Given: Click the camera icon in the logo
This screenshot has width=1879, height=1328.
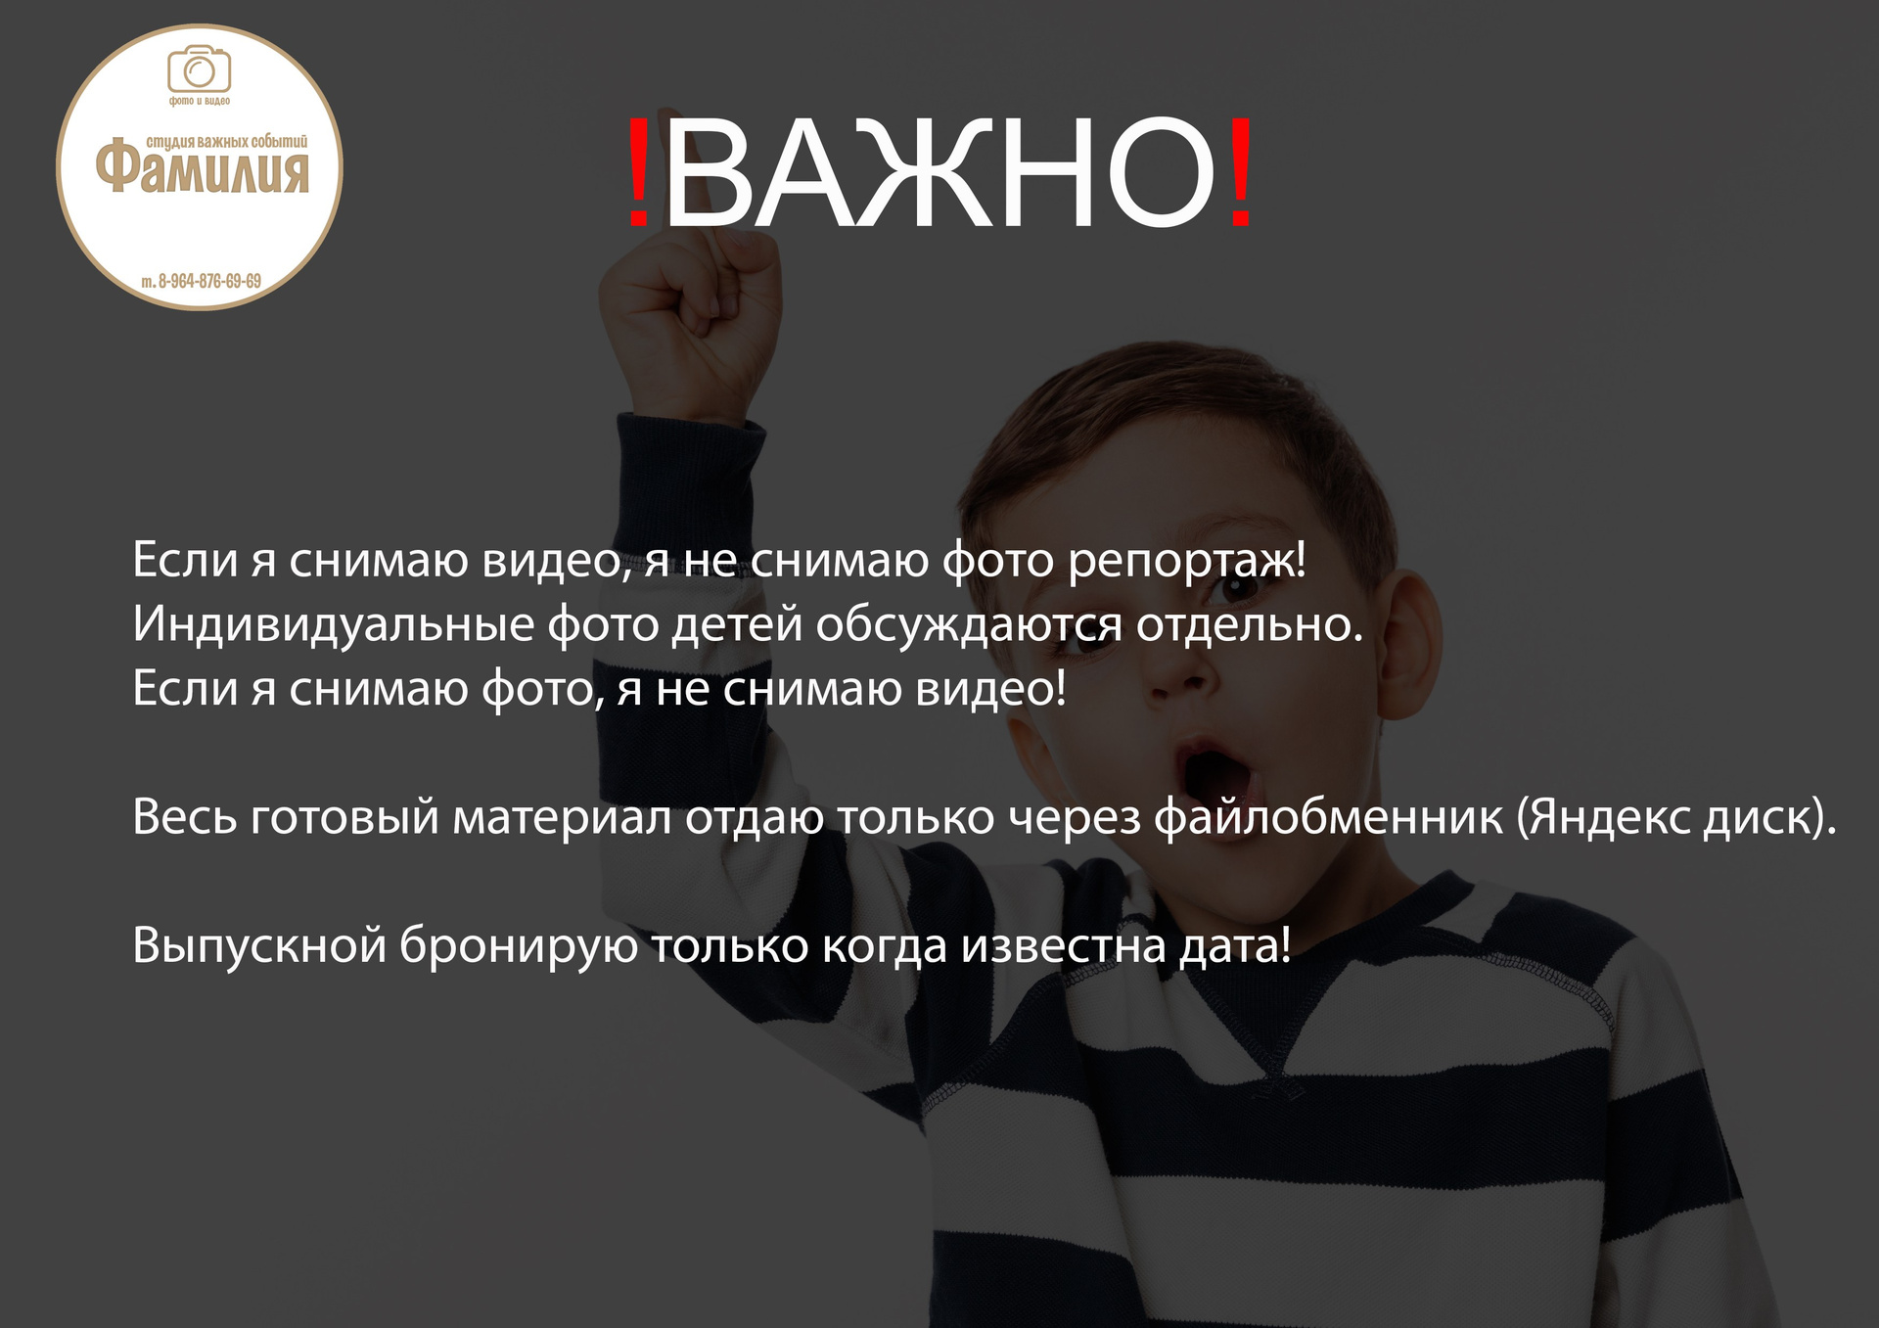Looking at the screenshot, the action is point(199,69).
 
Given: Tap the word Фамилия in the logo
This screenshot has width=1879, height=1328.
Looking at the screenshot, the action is point(203,167).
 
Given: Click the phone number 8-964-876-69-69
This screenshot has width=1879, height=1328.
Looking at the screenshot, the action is point(209,282).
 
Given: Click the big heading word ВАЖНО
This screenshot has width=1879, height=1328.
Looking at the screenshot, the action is point(939,173).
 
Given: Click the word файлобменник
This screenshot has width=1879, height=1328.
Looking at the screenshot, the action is point(1328,817).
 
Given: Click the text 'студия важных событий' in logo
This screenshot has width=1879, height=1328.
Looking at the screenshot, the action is point(227,142).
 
